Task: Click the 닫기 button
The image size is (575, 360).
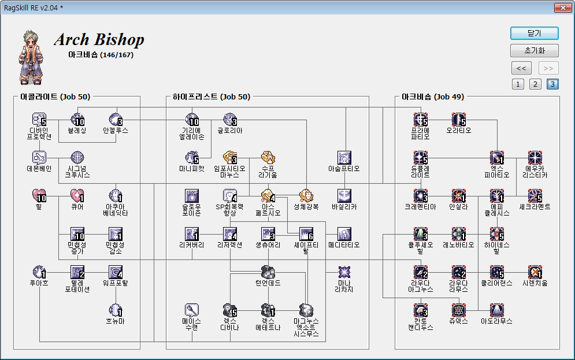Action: pos(535,33)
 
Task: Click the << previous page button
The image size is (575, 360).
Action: pos(521,68)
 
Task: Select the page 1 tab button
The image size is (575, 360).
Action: pos(518,84)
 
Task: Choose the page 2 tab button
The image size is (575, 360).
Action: pos(536,84)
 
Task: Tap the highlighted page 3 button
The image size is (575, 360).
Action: pos(553,84)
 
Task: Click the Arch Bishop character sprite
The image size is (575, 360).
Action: pos(31,57)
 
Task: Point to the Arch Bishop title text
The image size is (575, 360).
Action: pos(99,40)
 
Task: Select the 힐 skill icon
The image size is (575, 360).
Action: pos(39,196)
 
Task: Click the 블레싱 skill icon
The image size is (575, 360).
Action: pos(77,120)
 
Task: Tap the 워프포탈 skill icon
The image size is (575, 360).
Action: pos(116,272)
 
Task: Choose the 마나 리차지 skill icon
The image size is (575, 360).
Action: pos(344,272)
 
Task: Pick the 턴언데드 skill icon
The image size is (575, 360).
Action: pos(268,272)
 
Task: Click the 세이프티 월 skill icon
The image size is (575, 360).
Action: pos(306,233)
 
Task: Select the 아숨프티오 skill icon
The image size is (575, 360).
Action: pos(344,157)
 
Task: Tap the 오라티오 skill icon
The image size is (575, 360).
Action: pos(459,120)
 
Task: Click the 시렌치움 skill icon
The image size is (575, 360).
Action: pos(535,272)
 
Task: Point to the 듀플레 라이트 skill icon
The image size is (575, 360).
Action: pos(420,157)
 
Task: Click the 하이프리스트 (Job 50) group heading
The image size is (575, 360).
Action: pos(210,97)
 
